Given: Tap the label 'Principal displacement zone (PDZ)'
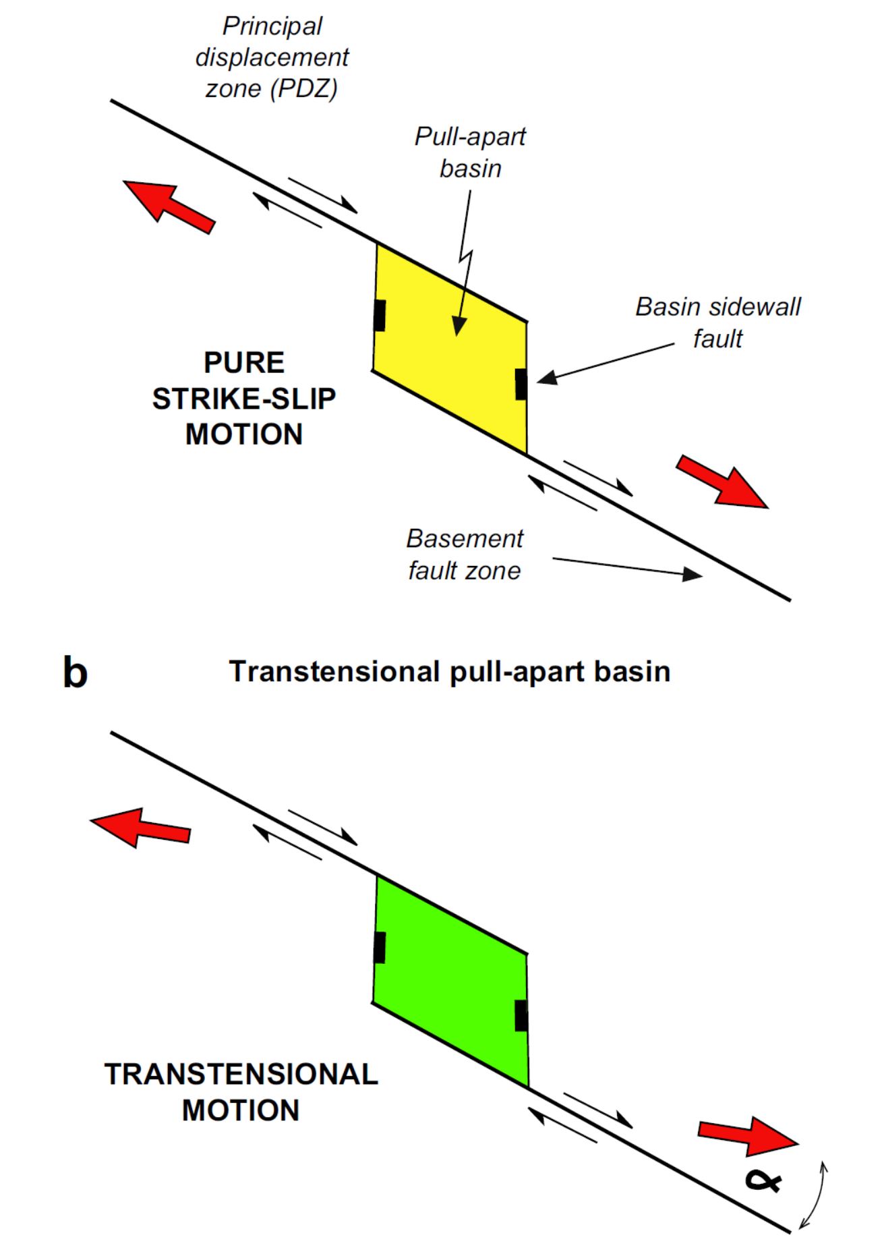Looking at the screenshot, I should pos(272,57).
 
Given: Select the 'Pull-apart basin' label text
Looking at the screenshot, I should pos(470,152).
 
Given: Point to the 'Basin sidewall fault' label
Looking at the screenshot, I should pos(718,322).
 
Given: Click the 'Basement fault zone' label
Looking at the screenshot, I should pos(465,554).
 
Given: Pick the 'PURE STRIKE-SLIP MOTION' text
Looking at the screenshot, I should pos(244,399).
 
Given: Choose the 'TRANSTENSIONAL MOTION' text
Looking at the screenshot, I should pos(241,1092).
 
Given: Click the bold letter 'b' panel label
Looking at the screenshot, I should pos(75,673).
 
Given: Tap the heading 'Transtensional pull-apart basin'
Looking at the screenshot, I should pos(450,672).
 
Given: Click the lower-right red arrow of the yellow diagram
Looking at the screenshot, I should pos(722,481).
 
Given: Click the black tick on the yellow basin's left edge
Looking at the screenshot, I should pos(380,315).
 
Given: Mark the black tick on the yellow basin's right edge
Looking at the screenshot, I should pos(521,384).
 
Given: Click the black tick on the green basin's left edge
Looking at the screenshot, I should pos(380,947).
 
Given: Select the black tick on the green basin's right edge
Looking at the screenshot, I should pos(521,1016).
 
